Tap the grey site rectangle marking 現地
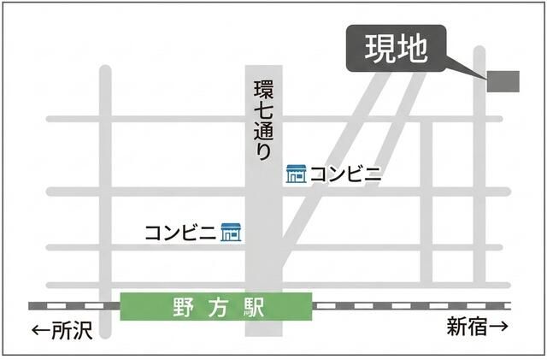[x=503, y=80]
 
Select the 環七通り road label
[x=263, y=120]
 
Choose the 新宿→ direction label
[x=477, y=326]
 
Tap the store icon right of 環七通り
[x=296, y=174]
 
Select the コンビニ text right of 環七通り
[x=346, y=174]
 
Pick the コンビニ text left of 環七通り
[x=181, y=232]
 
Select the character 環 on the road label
[x=263, y=90]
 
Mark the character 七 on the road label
[x=263, y=110]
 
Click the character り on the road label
[x=263, y=151]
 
